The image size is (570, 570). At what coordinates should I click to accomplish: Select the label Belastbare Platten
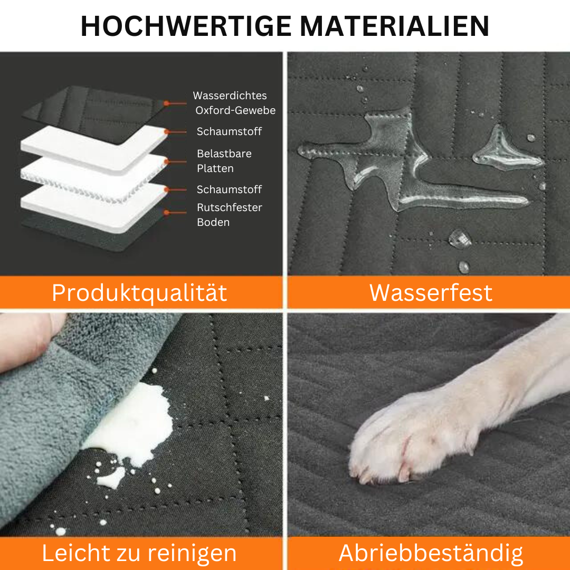pos(224,161)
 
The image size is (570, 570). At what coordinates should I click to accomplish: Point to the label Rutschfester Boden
pos(229,215)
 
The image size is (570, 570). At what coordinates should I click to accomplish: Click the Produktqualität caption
pos(140,292)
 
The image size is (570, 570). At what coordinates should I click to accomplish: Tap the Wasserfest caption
pos(431,292)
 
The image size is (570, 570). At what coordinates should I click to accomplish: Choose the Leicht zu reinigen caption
pos(140,553)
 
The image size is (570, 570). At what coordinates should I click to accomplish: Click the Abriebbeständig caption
pos(431,553)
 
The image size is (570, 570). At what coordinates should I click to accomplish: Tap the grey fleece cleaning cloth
pos(47,412)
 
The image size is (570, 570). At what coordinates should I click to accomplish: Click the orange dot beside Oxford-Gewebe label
pos(167,103)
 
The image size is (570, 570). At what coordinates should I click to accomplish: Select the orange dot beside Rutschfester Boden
pos(167,213)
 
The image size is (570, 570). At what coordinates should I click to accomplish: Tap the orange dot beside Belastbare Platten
pos(167,161)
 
